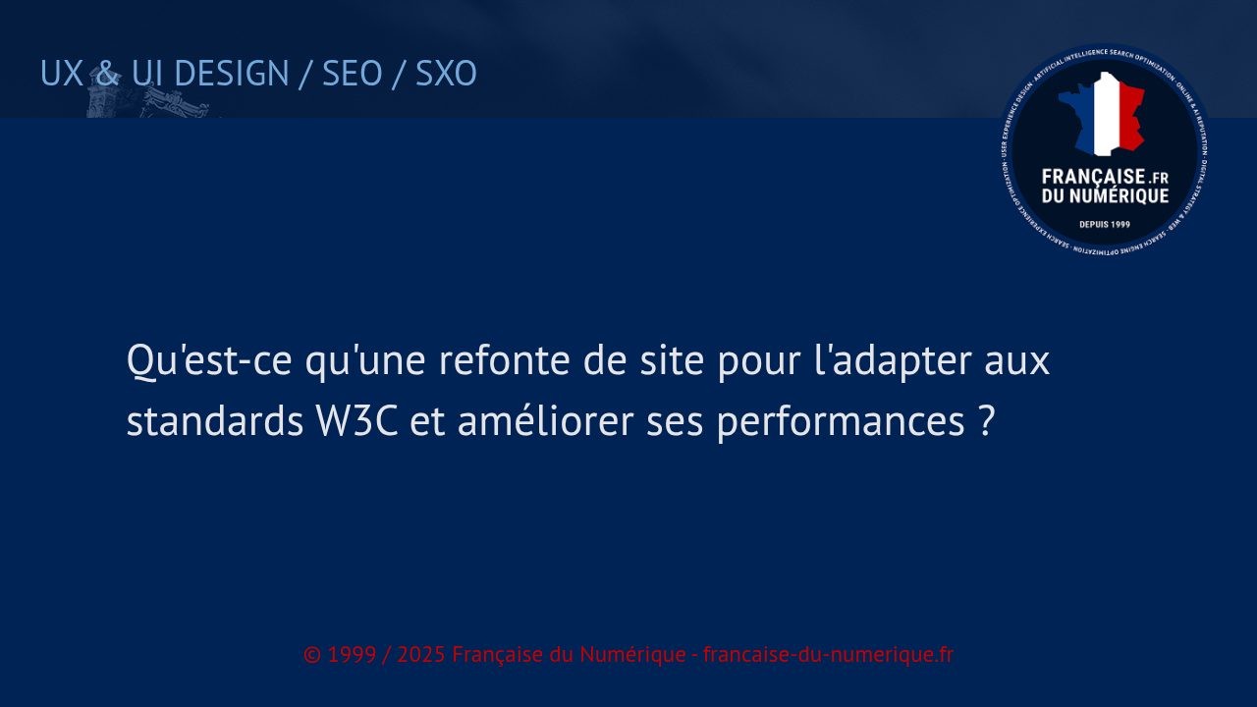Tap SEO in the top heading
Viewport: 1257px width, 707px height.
(352, 74)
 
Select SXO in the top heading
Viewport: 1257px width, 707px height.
(446, 74)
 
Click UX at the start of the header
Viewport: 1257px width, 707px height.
(61, 74)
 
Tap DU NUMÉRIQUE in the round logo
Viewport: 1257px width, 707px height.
(1105, 196)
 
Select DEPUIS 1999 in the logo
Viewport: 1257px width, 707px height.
(1105, 224)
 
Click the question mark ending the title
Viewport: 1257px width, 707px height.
(988, 422)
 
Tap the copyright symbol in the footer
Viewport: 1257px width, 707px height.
(312, 655)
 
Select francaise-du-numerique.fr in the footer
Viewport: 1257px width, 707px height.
(828, 655)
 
